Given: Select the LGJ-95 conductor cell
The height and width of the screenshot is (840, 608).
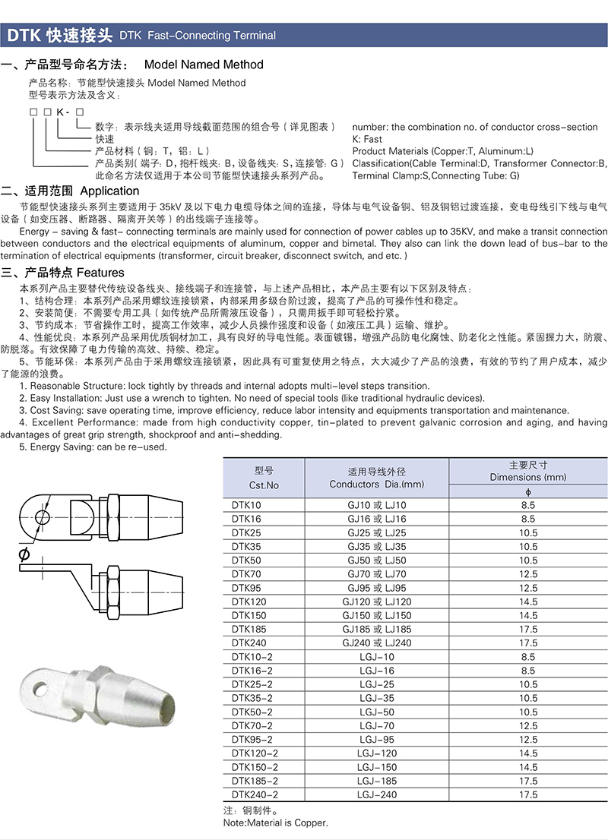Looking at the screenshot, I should [377, 740].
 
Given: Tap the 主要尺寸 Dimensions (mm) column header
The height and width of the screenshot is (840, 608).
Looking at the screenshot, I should [528, 471].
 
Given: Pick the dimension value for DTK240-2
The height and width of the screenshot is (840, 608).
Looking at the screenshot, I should [528, 795].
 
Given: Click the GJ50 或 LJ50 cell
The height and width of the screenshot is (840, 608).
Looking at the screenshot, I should [377, 561].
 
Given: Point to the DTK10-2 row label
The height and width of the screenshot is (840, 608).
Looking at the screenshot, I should [251, 657].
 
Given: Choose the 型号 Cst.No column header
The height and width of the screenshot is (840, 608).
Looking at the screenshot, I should [264, 478].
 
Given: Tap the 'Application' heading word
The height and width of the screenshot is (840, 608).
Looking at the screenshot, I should [109, 191].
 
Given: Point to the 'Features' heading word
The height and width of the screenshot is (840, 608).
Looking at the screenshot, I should [100, 273].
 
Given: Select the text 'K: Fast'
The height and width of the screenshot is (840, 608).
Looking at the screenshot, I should [368, 139].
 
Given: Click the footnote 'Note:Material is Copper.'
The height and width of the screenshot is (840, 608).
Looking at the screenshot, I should [276, 823].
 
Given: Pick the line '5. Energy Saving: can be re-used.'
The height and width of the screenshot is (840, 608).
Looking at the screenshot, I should [93, 447].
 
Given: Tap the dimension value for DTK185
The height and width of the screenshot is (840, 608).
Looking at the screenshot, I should [528, 630].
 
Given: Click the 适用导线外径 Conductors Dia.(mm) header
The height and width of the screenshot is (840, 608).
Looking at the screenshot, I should [377, 478].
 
